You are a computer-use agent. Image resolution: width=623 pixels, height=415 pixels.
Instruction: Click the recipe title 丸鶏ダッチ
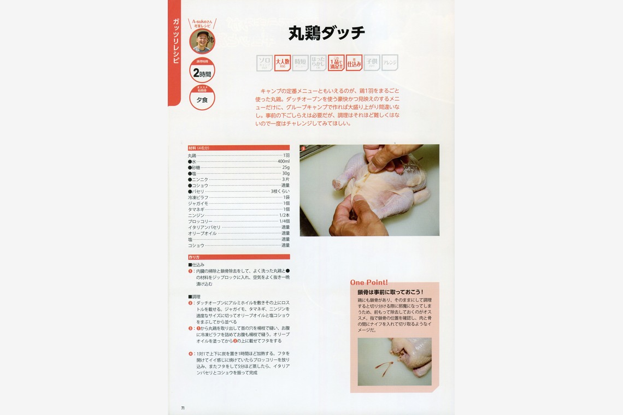327,34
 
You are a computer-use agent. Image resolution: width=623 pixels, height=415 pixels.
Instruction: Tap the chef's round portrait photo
202,41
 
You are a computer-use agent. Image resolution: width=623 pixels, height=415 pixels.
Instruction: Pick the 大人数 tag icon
282,63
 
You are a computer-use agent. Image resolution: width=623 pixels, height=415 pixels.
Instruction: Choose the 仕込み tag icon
354,63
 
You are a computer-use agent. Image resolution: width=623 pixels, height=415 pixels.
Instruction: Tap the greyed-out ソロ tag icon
265,63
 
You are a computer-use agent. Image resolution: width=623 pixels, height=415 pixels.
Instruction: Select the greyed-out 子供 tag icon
372,63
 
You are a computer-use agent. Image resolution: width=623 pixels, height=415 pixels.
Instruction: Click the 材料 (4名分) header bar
239,147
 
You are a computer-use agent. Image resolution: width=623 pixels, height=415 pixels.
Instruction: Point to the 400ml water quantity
283,162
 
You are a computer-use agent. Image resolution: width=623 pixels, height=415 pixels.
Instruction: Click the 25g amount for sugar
286,168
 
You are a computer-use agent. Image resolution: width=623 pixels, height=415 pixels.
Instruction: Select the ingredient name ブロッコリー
201,221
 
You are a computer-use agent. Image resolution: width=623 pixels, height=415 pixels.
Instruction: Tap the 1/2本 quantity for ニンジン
284,215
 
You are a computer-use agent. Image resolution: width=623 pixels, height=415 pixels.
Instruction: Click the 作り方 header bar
239,257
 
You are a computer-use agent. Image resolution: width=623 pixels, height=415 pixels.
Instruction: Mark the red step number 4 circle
191,353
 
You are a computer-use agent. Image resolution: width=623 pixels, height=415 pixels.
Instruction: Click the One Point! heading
369,283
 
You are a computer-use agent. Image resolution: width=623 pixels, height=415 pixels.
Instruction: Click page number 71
183,407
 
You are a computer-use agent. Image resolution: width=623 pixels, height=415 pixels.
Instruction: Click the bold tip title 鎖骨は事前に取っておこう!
390,293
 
